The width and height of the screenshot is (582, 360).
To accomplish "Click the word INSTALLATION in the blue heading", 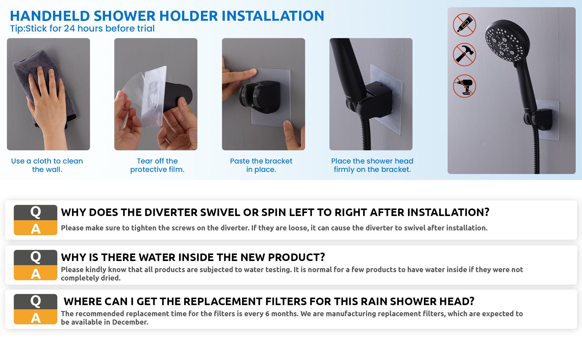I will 273,16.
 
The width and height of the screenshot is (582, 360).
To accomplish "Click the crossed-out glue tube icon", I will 464,25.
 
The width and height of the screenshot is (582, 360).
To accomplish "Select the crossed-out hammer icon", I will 464,54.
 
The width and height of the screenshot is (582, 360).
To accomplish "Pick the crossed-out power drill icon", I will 464,86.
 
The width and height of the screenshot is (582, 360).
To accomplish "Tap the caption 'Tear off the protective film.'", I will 157,165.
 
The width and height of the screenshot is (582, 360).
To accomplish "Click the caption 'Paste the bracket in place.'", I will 261,165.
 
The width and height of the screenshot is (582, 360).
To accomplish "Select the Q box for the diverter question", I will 35,212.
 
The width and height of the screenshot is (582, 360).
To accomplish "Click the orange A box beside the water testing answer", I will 35,273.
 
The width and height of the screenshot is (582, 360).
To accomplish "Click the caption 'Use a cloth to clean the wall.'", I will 47,165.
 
